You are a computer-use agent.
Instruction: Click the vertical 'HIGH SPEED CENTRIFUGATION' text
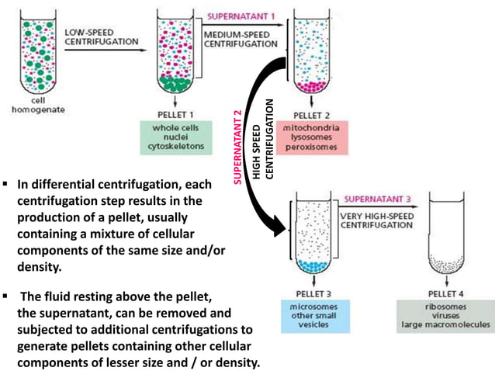pos(263,140)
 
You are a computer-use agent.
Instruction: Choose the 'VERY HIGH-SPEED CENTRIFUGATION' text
pos(379,220)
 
